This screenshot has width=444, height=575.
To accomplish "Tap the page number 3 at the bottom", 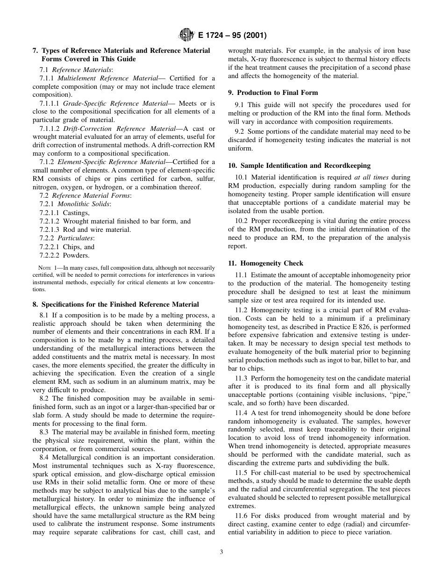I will [222, 552].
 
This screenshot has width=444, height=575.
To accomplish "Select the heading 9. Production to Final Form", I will [273, 93].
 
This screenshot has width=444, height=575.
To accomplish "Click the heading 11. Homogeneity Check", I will [265, 263].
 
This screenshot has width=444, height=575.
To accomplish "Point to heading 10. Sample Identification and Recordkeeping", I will [299, 165].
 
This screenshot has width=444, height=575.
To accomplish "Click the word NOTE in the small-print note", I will [45, 268].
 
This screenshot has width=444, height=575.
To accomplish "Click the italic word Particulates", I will [79, 238].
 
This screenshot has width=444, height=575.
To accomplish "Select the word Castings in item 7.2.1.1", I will [76, 213].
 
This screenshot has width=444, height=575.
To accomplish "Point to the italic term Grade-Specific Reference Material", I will [115, 103].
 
